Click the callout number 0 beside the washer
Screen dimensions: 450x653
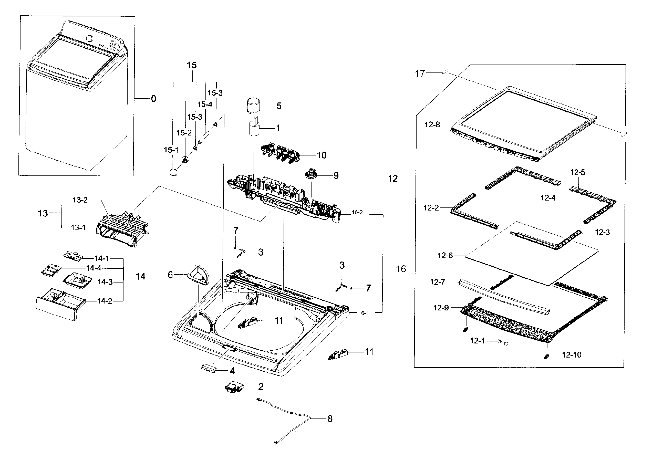click(x=153, y=99)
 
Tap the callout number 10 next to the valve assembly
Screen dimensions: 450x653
click(x=322, y=155)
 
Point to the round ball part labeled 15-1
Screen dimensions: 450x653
click(x=174, y=172)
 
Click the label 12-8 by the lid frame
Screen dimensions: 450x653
click(x=432, y=125)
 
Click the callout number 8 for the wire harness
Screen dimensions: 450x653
click(x=330, y=419)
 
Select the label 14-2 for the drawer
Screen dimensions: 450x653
click(x=105, y=301)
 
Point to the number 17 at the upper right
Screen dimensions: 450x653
click(x=420, y=74)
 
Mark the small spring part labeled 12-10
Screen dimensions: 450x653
click(x=547, y=356)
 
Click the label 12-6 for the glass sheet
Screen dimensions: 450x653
click(x=445, y=255)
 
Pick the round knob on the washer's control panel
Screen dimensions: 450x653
click(x=89, y=38)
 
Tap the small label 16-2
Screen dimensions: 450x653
click(x=357, y=212)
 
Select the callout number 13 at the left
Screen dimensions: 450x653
click(x=43, y=213)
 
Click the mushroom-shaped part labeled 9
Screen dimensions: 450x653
click(x=312, y=173)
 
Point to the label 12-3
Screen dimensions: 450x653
click(x=602, y=232)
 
